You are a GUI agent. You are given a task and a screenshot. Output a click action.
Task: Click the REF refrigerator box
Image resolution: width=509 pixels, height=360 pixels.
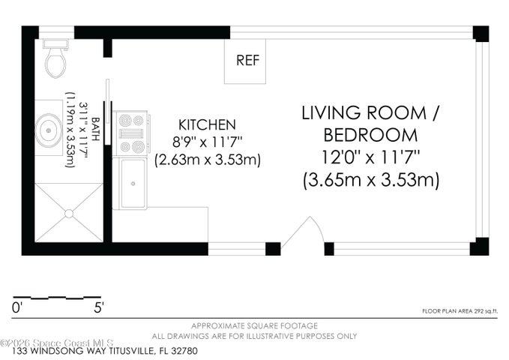click(x=245, y=61)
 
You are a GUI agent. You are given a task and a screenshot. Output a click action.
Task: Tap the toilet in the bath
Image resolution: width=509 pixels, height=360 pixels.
click(x=55, y=59)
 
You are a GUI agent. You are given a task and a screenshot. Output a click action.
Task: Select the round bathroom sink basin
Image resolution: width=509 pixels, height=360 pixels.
click(x=49, y=130)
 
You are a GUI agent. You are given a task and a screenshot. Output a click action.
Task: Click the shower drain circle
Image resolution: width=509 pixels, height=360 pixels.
click(x=69, y=214)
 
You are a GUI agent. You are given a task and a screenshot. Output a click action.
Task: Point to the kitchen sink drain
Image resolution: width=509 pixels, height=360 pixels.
click(x=133, y=184)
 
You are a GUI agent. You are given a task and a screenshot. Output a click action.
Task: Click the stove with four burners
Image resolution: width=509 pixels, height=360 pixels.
click(x=131, y=133)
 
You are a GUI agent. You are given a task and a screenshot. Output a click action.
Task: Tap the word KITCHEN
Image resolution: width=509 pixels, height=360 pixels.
click(x=207, y=124)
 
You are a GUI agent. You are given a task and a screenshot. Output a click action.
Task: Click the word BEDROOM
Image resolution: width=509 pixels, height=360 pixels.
click(x=371, y=135)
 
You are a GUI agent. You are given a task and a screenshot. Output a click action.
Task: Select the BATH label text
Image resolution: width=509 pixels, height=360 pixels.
click(x=95, y=129)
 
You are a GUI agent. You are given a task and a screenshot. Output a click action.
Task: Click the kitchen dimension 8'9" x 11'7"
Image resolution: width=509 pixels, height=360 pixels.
click(x=208, y=142)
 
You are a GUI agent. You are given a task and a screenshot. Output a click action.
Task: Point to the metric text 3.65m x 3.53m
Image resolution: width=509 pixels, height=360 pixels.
click(x=371, y=180)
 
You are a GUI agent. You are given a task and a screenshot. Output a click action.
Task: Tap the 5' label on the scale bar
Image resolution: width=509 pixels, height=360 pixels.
click(x=99, y=307)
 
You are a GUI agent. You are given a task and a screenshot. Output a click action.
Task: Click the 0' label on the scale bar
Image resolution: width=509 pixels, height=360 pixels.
click(x=16, y=307)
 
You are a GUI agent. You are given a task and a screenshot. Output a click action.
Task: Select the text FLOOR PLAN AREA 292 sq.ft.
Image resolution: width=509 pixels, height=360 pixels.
click(x=460, y=311)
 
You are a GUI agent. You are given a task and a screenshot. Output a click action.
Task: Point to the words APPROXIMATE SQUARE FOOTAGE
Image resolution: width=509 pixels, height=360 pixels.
click(x=254, y=325)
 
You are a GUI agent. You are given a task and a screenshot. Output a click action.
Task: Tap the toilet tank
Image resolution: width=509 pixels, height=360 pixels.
click(x=55, y=43)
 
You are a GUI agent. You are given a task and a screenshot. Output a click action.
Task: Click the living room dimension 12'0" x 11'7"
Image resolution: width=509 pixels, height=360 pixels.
click(x=371, y=158)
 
